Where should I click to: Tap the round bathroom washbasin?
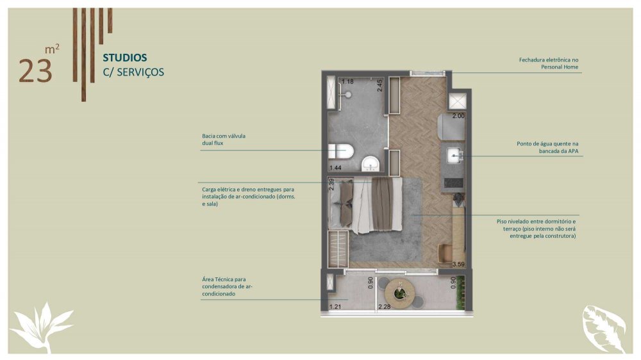pyautogui.click(x=370, y=164)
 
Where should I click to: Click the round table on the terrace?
pyautogui.click(x=399, y=293)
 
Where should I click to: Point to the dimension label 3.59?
pyautogui.click(x=458, y=265)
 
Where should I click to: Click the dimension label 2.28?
pyautogui.click(x=384, y=307)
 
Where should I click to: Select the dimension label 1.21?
pyautogui.click(x=335, y=307)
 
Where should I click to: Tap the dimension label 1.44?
pyautogui.click(x=335, y=168)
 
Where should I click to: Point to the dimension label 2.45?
pyautogui.click(x=379, y=85)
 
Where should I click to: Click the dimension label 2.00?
pyautogui.click(x=458, y=116)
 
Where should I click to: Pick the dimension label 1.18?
pyautogui.click(x=347, y=81)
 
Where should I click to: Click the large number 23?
pyautogui.click(x=35, y=72)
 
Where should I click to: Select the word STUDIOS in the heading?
pyautogui.click(x=125, y=58)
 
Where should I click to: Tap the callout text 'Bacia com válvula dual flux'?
pyautogui.click(x=224, y=140)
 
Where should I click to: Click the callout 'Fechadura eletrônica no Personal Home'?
pyautogui.click(x=549, y=63)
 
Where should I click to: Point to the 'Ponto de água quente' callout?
pyautogui.click(x=547, y=147)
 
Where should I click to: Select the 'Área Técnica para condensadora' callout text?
pyautogui.click(x=228, y=286)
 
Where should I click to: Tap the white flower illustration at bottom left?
pyautogui.click(x=42, y=327)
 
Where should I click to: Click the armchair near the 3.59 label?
pyautogui.click(x=445, y=252)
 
